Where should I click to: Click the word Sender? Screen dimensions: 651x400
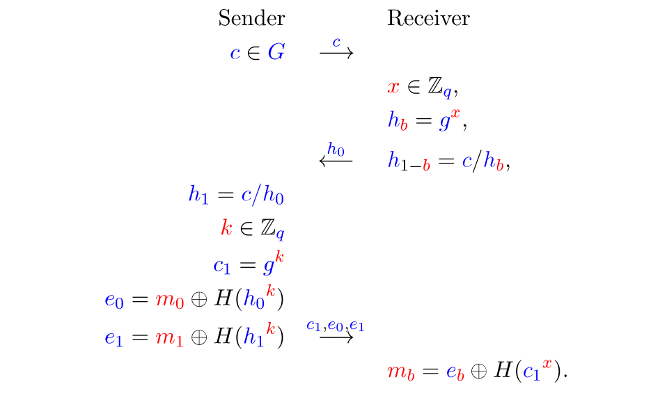point(251,18)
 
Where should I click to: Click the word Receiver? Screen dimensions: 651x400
point(428,18)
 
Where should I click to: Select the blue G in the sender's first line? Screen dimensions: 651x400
point(276,53)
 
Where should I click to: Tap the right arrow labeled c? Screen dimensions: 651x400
point(336,52)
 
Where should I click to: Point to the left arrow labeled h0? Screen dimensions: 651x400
point(336,161)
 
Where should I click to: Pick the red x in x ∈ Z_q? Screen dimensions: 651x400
point(393,88)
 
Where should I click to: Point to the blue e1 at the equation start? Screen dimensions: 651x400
point(113,337)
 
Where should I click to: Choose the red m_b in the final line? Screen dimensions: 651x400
point(397,372)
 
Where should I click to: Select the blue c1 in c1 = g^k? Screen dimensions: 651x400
point(222,266)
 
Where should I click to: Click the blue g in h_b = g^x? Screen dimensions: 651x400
point(444,123)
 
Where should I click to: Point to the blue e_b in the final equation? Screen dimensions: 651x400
point(455,372)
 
